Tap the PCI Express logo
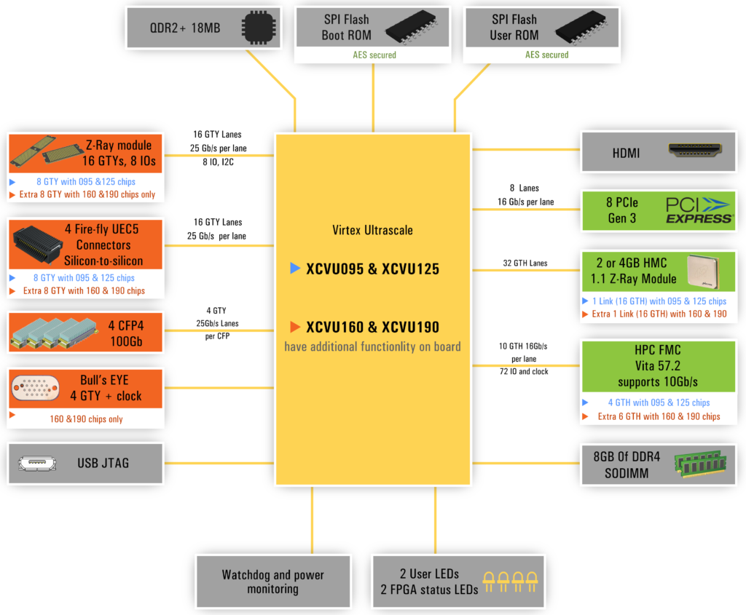(x=698, y=210)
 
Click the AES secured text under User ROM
(x=547, y=55)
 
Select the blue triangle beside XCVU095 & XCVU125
(x=295, y=269)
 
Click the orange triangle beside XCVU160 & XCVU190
(x=295, y=327)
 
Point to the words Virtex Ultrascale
(x=372, y=230)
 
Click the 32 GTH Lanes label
(x=524, y=263)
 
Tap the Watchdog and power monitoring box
(x=273, y=582)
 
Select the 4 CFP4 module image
(x=49, y=331)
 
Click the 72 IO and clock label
(x=524, y=372)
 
